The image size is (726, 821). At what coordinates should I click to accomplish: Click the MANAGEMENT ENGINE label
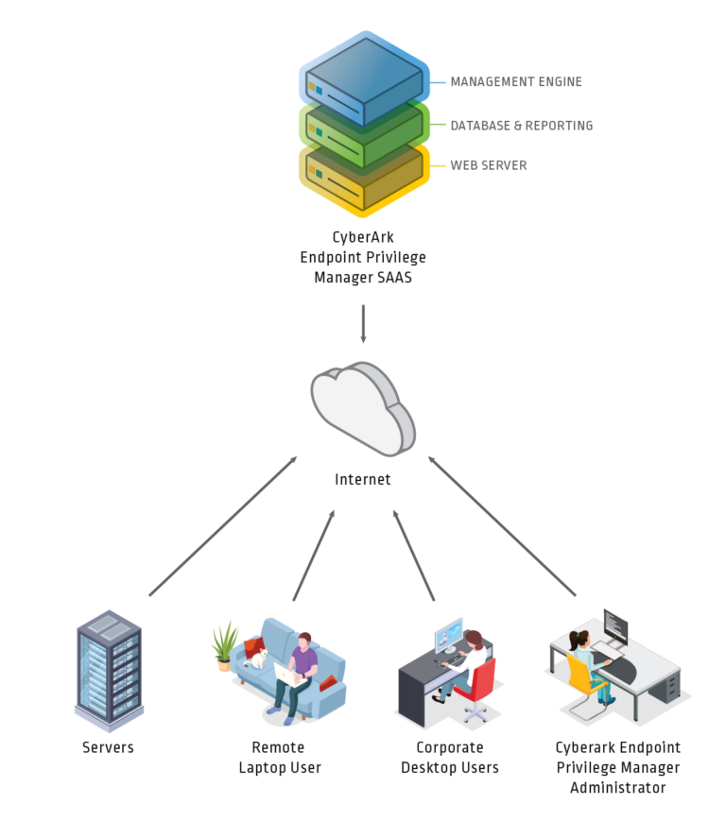(515, 82)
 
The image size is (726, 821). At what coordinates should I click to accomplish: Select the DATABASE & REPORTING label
(521, 125)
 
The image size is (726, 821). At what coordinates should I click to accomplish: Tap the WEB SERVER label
(488, 165)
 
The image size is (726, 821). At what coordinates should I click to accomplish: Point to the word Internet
(363, 480)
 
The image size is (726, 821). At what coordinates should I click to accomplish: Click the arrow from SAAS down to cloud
(363, 324)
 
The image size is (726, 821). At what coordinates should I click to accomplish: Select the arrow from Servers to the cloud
(222, 526)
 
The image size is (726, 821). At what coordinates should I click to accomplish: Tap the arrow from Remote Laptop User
(313, 556)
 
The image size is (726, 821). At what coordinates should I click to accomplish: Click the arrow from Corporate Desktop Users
(414, 556)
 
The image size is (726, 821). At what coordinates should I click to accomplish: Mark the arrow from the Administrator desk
(502, 526)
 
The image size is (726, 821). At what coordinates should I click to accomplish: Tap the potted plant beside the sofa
(225, 643)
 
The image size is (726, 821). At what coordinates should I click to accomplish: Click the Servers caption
(108, 747)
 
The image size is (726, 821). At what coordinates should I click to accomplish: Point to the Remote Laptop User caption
(279, 758)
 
